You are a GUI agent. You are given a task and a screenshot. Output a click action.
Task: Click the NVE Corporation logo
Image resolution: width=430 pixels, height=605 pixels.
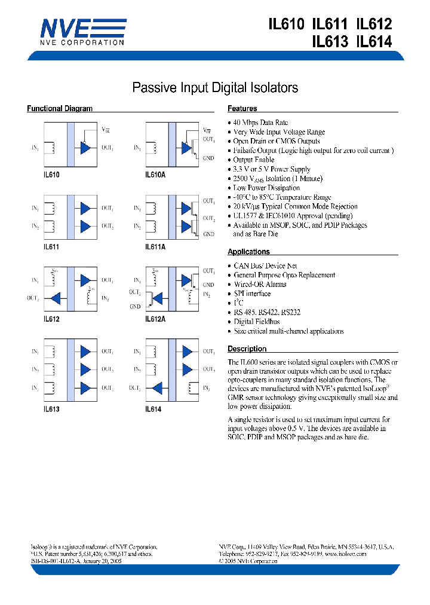[x=82, y=31]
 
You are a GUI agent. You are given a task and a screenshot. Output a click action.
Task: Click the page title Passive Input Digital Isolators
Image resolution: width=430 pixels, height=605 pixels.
[x=214, y=88]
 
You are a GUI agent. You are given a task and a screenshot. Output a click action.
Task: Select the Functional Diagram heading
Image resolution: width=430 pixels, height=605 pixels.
[x=60, y=109]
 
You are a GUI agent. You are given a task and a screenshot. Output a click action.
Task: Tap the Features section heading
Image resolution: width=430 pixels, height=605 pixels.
[x=242, y=109]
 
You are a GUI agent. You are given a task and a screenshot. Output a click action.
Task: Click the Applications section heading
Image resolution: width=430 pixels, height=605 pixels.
[x=248, y=252]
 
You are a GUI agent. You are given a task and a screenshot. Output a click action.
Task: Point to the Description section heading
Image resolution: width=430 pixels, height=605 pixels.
[x=247, y=349]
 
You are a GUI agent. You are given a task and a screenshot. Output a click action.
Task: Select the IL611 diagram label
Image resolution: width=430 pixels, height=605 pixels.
[x=51, y=246]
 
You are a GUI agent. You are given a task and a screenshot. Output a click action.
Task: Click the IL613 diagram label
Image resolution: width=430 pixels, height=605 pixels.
[x=51, y=410]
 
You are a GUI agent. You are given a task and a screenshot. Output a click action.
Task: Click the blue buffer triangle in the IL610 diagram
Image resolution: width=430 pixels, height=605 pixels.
[x=85, y=147]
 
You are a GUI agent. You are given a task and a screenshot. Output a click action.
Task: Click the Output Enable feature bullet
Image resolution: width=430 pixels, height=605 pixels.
[x=253, y=160]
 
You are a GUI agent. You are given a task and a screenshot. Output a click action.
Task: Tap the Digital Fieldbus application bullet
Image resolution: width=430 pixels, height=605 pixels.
[x=256, y=322]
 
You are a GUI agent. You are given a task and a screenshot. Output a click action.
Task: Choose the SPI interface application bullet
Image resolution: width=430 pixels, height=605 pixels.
[x=251, y=294]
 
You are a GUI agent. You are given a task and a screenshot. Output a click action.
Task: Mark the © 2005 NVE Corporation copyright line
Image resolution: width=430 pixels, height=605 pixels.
[x=250, y=562]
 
